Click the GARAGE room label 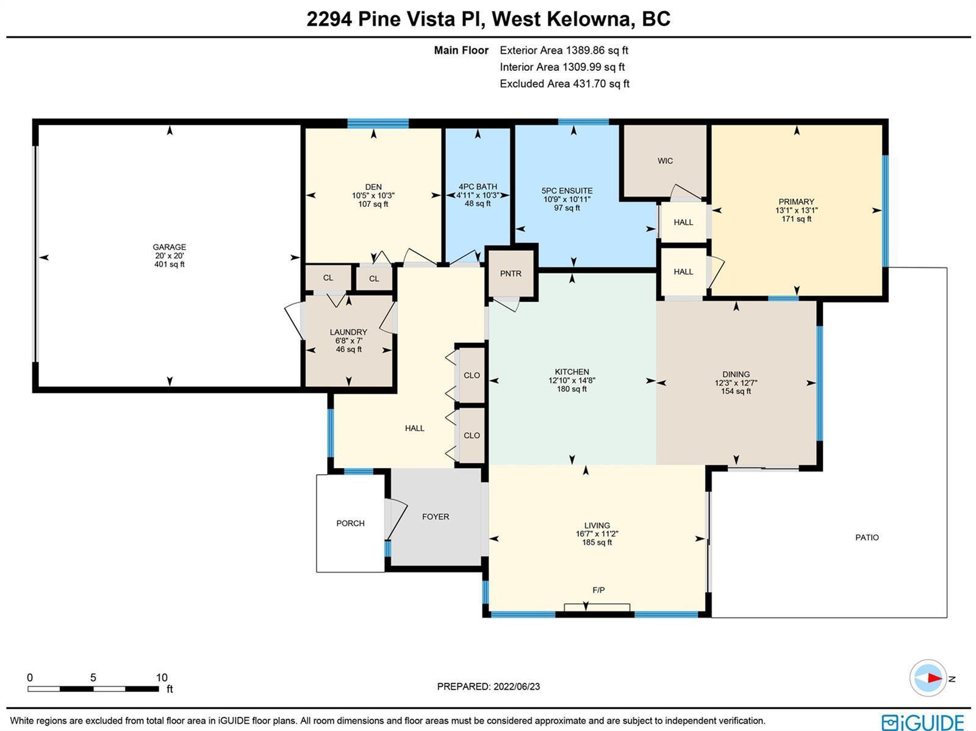[170, 247]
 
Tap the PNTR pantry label [511, 273]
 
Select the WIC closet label [665, 160]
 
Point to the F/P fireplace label [598, 590]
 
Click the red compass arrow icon [935, 678]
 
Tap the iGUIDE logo [923, 722]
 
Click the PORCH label [350, 524]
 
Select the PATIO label [867, 538]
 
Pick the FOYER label [436, 517]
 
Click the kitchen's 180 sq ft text [572, 389]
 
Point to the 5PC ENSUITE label [567, 191]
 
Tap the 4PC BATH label [478, 187]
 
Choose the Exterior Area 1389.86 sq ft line [564, 50]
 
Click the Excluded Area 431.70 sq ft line [564, 84]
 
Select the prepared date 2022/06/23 [517, 686]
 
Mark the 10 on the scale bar [162, 677]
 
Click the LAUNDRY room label [348, 332]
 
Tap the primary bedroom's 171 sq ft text [797, 219]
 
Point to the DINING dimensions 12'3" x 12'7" [736, 383]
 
